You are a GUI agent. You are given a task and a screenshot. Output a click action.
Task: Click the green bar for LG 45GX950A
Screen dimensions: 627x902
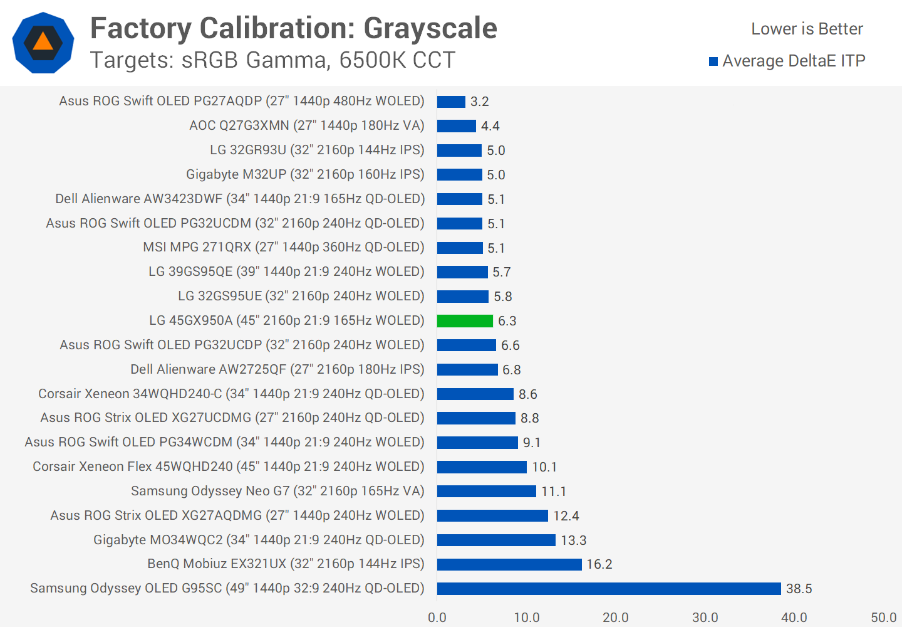pos(465,321)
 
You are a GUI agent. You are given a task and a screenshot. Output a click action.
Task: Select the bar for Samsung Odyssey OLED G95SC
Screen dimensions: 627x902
pos(609,589)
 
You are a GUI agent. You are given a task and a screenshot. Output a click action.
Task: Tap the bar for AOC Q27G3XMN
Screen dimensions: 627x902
pos(456,126)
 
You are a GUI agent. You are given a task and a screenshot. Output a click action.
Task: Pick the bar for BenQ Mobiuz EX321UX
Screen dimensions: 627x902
pos(509,564)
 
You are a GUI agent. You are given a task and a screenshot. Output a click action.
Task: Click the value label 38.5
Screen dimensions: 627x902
pos(799,589)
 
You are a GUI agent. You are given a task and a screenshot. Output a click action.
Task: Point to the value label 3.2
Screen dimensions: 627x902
pos(479,102)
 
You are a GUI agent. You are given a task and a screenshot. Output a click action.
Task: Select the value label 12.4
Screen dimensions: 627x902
pos(566,516)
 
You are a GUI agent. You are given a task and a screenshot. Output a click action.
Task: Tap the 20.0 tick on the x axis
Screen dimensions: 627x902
pos(616,618)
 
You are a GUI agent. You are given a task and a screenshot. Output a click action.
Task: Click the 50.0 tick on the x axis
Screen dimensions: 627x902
pos(883,618)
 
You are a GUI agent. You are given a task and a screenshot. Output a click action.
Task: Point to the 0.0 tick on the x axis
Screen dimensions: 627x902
pos(437,618)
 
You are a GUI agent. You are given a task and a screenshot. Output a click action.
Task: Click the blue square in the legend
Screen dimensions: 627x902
pos(713,61)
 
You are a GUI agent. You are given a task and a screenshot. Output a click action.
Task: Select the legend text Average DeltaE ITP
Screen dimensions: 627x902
pos(794,61)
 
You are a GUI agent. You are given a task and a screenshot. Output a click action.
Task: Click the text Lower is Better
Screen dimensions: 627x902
pos(807,29)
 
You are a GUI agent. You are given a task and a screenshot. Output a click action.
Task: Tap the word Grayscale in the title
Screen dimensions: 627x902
pos(430,28)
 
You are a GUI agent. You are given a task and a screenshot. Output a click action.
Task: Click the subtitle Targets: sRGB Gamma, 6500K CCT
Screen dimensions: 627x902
pos(272,60)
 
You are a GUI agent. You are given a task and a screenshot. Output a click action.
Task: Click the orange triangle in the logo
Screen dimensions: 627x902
pos(43,42)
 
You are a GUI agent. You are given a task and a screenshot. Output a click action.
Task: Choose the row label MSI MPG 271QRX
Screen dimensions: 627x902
pos(283,248)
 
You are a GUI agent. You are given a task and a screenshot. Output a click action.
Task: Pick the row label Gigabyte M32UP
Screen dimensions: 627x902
pos(305,174)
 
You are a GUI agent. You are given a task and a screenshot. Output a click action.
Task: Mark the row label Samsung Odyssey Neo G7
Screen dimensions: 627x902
pos(277,491)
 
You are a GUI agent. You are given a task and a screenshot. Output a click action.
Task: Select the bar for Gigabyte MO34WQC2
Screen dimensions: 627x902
pos(496,540)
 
